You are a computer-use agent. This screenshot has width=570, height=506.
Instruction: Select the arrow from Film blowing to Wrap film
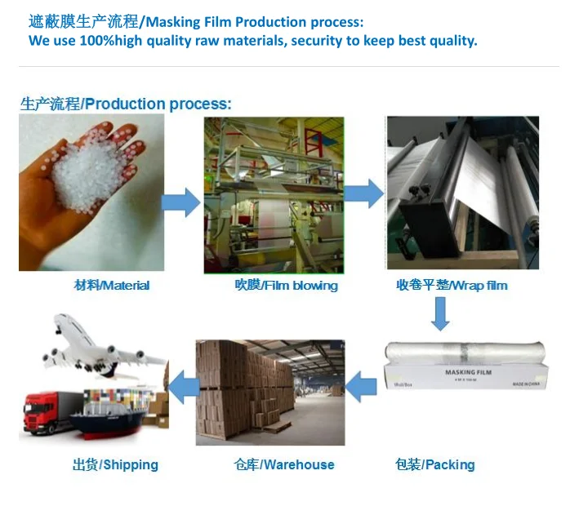point(364,193)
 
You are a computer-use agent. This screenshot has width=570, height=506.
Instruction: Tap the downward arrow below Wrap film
point(440,313)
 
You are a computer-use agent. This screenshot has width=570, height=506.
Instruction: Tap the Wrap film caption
point(452,286)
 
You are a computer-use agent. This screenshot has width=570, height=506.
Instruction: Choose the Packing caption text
point(434,464)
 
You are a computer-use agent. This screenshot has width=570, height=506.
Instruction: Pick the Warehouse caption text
point(283,464)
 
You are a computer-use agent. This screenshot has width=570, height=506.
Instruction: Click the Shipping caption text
point(115,464)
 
